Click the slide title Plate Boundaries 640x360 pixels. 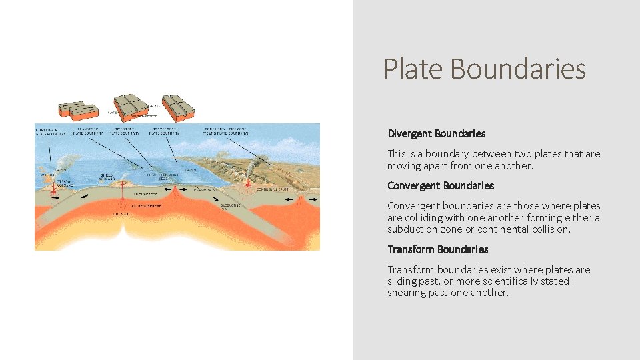click(485, 69)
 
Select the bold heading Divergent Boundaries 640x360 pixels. click(436, 133)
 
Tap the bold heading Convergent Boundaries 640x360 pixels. click(440, 185)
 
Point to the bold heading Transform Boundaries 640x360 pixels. click(437, 249)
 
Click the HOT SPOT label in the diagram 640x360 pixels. click(121, 215)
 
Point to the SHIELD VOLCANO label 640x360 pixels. click(107, 179)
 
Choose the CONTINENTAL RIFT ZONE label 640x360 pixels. click(227, 131)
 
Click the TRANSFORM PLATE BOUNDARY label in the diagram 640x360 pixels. click(90, 131)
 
